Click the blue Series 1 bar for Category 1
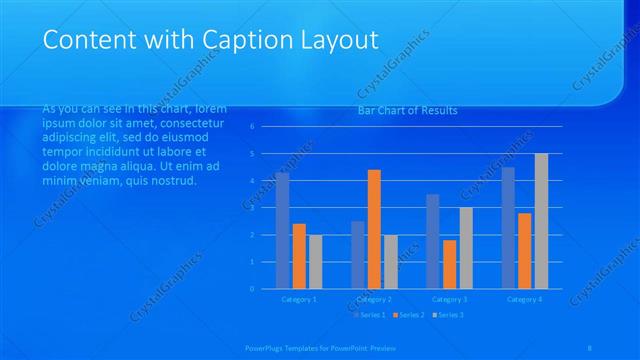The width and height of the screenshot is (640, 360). click(x=282, y=231)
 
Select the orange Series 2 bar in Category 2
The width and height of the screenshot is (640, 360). click(x=374, y=229)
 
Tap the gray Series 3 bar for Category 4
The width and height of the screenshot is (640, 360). click(x=541, y=221)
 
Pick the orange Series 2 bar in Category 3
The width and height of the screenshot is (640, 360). click(x=449, y=264)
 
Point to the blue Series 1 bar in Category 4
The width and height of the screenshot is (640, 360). click(x=508, y=228)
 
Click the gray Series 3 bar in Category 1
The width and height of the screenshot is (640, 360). click(x=316, y=262)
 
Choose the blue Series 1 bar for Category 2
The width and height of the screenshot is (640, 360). click(x=357, y=255)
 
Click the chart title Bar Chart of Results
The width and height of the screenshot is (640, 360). click(x=407, y=110)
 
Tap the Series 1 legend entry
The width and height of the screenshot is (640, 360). click(x=369, y=315)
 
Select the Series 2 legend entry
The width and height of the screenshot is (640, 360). click(x=408, y=315)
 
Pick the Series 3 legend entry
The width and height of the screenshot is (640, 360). click(x=447, y=315)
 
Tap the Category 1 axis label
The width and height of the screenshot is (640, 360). click(x=299, y=298)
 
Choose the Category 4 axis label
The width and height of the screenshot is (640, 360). click(x=525, y=298)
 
